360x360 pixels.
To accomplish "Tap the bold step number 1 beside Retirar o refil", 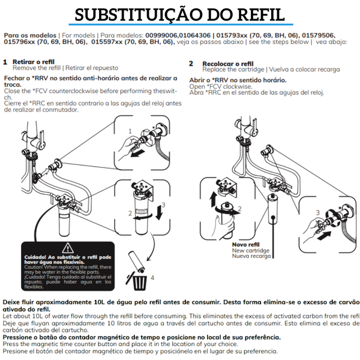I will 5,62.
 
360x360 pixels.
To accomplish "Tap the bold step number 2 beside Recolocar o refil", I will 191,63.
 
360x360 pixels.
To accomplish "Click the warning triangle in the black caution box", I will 68,247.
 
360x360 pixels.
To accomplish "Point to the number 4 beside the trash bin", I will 152,277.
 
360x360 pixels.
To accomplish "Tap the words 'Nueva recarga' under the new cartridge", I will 252,256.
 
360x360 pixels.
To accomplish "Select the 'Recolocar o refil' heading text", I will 228,63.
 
